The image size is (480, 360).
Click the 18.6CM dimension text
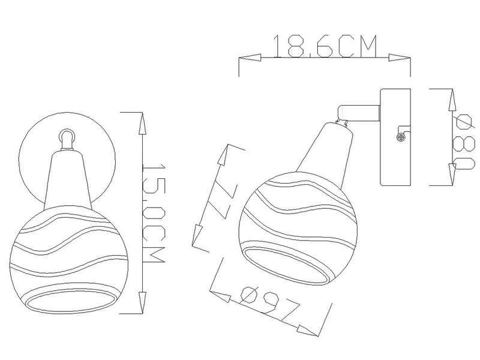coord(325,46)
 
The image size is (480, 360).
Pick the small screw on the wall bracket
coord(400,138)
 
